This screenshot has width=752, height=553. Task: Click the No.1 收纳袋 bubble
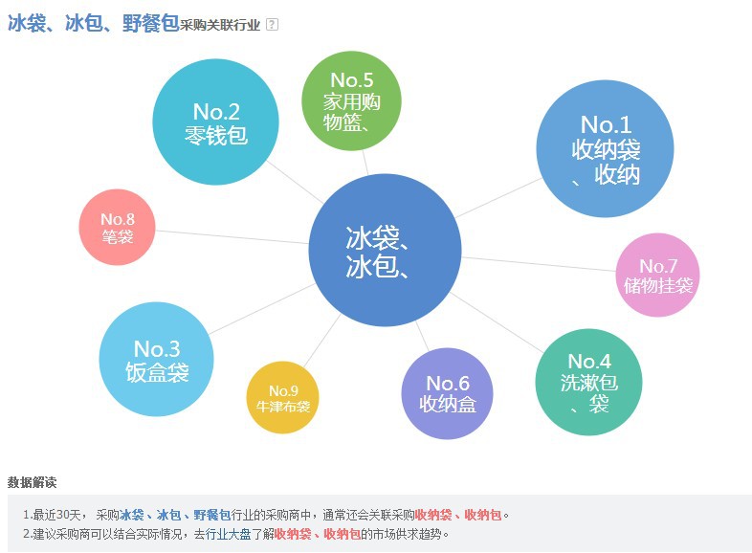(605, 149)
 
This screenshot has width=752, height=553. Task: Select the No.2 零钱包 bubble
(216, 122)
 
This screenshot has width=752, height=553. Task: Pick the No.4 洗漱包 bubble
(588, 382)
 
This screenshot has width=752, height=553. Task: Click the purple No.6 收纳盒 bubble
(448, 393)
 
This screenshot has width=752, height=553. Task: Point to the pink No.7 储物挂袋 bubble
(658, 275)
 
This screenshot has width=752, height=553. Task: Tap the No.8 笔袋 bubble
(117, 227)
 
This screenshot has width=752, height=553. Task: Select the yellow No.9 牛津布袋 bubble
(283, 397)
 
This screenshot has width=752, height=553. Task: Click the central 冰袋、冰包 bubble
(380, 251)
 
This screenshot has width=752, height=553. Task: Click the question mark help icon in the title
(272, 25)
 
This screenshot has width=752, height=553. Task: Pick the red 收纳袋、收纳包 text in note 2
(317, 534)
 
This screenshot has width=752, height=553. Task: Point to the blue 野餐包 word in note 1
(211, 515)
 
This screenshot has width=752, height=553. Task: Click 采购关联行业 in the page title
(220, 26)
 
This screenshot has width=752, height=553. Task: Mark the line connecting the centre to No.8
(230, 236)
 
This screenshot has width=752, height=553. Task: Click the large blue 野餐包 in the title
(150, 24)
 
